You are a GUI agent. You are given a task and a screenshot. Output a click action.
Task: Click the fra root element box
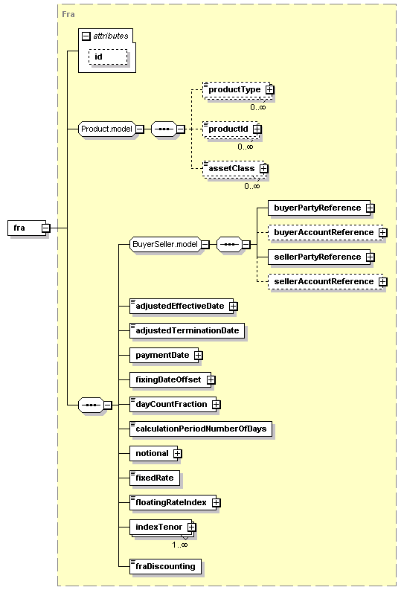(27, 228)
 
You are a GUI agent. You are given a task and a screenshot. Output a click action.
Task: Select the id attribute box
(108, 57)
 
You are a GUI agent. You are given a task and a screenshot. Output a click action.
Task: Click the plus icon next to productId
(257, 129)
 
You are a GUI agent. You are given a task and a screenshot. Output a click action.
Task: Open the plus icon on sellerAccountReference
(383, 282)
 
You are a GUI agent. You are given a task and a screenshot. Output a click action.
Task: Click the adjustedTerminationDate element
(187, 331)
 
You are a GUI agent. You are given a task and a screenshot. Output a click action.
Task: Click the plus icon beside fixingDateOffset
(211, 380)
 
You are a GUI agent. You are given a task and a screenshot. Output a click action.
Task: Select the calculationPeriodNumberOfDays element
(201, 429)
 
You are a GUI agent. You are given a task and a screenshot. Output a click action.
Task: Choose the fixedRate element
(155, 478)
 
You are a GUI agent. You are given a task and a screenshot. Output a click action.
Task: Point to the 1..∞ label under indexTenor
(180, 545)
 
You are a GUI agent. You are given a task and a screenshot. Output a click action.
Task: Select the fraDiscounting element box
(165, 567)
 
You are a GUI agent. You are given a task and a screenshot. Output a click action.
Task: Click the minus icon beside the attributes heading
(86, 36)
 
